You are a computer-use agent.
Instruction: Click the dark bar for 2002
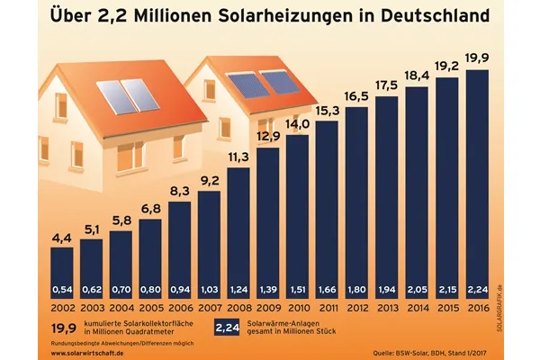[x=61, y=270]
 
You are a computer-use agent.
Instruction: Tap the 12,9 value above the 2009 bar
[x=268, y=136]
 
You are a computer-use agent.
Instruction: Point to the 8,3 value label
[x=179, y=190]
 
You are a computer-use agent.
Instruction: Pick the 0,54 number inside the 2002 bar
[x=61, y=291]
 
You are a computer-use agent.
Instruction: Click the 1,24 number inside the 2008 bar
[x=238, y=291]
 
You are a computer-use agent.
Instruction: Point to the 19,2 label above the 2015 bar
[x=446, y=66]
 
